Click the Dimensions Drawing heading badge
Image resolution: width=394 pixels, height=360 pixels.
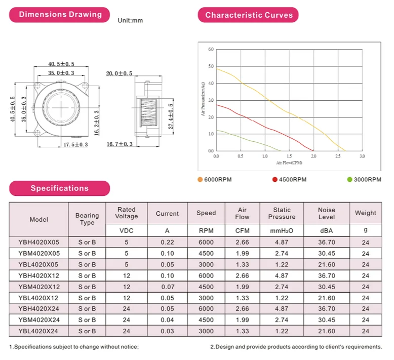[60, 15]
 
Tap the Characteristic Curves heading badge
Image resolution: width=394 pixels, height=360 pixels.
[248, 15]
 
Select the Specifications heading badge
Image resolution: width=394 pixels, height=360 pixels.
[59, 188]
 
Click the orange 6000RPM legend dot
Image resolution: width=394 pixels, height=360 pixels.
[200, 179]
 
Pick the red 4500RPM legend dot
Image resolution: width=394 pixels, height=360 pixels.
[275, 179]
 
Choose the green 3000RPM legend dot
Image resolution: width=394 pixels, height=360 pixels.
[349, 179]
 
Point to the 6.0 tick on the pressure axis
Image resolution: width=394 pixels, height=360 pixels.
[211, 49]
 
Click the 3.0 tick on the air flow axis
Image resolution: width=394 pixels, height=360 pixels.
[362, 156]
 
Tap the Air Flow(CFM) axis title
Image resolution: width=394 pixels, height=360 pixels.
[289, 163]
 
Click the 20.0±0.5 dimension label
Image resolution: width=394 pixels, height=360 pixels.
[119, 73]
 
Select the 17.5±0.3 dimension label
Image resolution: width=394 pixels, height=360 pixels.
[75, 145]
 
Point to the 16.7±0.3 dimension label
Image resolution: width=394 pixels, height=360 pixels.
[120, 144]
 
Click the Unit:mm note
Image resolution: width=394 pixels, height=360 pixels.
[130, 21]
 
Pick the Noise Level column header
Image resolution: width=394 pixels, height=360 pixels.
[326, 213]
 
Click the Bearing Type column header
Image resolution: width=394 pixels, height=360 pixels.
[87, 219]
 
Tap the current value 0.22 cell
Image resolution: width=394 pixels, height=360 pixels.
[167, 242]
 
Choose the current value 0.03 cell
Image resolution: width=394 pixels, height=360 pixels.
[167, 331]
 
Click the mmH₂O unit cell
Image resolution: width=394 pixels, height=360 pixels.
[282, 230]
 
